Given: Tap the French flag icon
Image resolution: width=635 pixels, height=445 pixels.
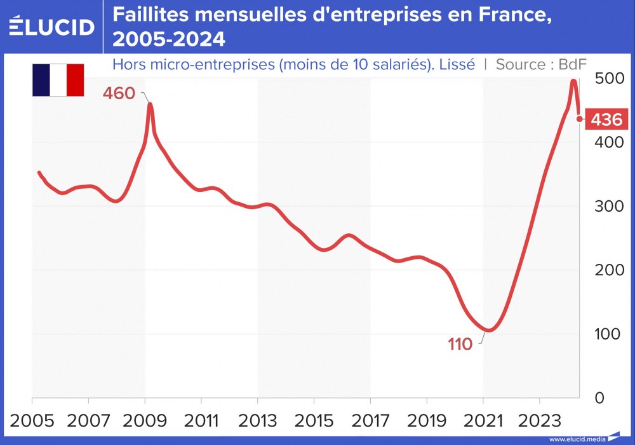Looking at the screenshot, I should click(58, 80).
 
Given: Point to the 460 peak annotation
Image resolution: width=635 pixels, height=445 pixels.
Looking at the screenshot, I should click(119, 93).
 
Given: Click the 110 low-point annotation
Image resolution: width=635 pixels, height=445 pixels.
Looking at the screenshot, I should click(460, 345).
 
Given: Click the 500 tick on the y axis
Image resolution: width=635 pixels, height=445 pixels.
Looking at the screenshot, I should click(608, 79).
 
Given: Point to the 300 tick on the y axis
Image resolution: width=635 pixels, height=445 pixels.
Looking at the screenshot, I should click(608, 206).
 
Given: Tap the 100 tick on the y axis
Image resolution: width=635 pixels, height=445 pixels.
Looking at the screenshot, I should click(608, 334).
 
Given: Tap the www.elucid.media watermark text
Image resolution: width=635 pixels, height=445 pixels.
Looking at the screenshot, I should click(577, 439).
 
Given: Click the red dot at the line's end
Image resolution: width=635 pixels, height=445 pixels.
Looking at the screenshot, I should click(580, 118).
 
